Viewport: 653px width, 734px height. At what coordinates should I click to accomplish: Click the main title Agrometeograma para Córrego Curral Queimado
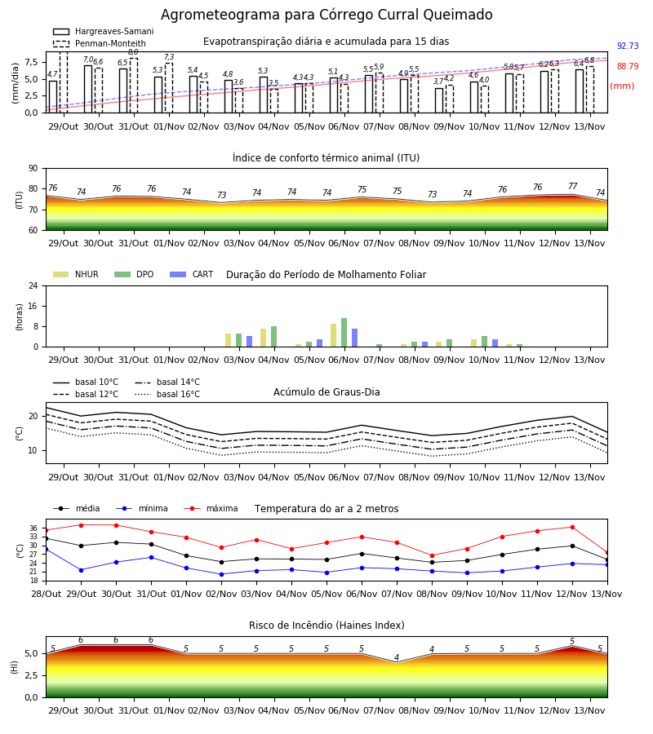click(326, 15)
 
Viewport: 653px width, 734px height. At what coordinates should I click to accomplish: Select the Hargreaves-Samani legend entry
click(104, 31)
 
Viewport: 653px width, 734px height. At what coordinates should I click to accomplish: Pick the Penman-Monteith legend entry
click(100, 43)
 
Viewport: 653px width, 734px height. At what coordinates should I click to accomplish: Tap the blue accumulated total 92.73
click(628, 46)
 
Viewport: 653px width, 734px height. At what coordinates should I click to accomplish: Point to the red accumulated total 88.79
click(628, 67)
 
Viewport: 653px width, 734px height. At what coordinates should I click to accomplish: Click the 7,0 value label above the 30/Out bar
click(88, 60)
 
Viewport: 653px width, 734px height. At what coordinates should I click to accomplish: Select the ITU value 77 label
click(572, 186)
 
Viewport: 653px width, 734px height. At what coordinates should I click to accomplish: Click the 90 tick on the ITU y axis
click(33, 169)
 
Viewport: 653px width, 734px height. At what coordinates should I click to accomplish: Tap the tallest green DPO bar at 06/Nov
click(344, 333)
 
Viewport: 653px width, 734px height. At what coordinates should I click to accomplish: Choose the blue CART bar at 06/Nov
click(354, 338)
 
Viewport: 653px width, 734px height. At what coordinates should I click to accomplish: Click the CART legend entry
click(192, 274)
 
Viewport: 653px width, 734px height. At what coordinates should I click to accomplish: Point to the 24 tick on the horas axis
click(33, 286)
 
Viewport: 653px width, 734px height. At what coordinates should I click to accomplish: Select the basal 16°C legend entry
click(167, 394)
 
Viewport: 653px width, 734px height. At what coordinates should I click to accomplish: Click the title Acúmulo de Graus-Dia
click(326, 392)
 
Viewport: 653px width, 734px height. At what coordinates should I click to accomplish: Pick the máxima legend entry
click(211, 508)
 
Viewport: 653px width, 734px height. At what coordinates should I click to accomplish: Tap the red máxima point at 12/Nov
click(572, 527)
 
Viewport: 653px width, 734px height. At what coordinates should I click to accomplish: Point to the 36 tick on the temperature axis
click(33, 528)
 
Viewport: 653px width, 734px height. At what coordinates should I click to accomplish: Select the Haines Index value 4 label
click(397, 657)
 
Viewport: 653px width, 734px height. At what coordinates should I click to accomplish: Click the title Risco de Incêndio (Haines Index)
click(326, 626)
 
